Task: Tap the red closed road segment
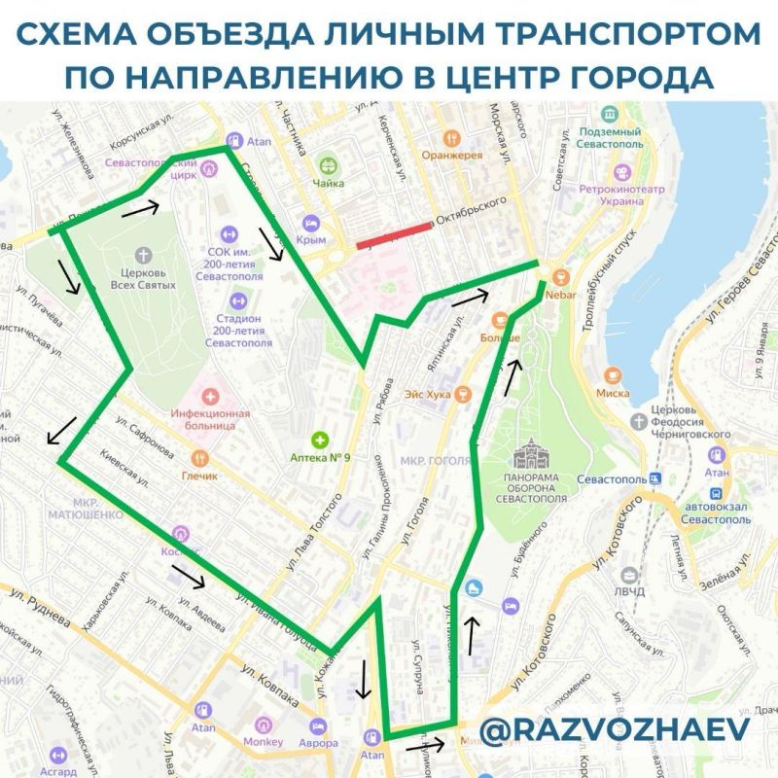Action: click(394, 235)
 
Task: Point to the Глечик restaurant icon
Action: click(200, 458)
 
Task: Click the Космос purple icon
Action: click(180, 534)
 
